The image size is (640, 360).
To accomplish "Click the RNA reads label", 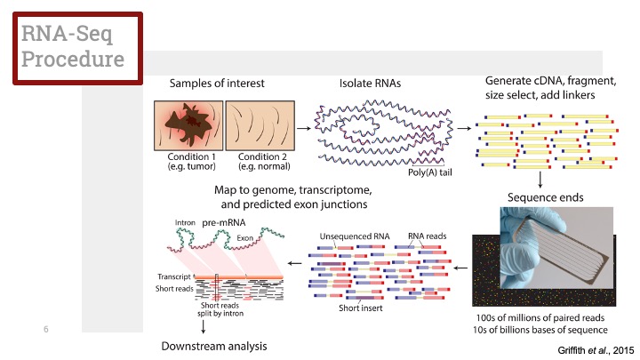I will tap(424, 236).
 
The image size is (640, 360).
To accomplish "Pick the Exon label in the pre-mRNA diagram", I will tap(247, 239).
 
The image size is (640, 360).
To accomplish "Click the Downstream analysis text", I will tap(213, 345).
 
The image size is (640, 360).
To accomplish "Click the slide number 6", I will tap(44, 330).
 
